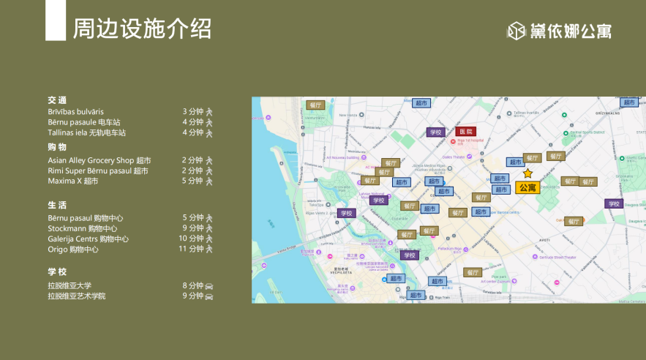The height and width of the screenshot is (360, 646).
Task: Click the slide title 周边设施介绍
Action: (x=142, y=29)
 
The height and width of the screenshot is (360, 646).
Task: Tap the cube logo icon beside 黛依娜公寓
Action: (x=517, y=30)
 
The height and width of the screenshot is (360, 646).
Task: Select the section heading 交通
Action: (x=57, y=100)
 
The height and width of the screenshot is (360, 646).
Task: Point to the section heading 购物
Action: (x=57, y=147)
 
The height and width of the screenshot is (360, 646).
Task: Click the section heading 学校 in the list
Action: (x=57, y=272)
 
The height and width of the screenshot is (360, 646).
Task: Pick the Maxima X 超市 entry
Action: (x=73, y=181)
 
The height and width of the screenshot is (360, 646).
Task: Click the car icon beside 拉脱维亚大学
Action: (x=209, y=286)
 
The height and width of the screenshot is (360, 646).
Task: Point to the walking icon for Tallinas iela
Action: (x=209, y=132)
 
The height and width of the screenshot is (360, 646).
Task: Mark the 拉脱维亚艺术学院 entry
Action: (x=77, y=296)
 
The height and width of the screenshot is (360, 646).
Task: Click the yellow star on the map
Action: (x=527, y=174)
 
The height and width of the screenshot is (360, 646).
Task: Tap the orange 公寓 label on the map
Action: (x=527, y=187)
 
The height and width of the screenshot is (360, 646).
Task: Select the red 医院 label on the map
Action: (x=465, y=132)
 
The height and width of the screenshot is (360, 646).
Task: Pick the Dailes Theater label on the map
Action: (x=454, y=157)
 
